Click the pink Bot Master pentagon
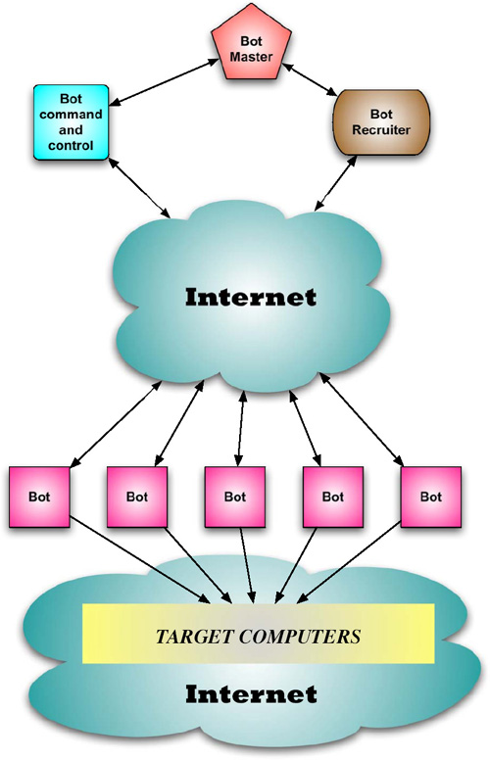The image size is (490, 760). (251, 44)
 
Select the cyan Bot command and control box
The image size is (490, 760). (71, 122)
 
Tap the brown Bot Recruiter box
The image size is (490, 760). (381, 122)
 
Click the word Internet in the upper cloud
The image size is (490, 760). (251, 297)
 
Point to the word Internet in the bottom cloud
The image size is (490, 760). (251, 694)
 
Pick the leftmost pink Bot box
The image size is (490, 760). (39, 497)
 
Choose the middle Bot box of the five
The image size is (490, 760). (235, 497)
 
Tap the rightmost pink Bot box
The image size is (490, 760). (431, 497)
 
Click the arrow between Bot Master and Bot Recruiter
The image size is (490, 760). (310, 79)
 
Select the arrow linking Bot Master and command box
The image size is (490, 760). (165, 81)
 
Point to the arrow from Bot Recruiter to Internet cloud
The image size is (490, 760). (336, 183)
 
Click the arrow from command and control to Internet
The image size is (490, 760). (139, 188)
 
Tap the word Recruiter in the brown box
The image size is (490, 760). (381, 130)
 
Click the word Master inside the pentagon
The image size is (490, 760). (251, 57)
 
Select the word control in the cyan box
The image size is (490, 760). (71, 145)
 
